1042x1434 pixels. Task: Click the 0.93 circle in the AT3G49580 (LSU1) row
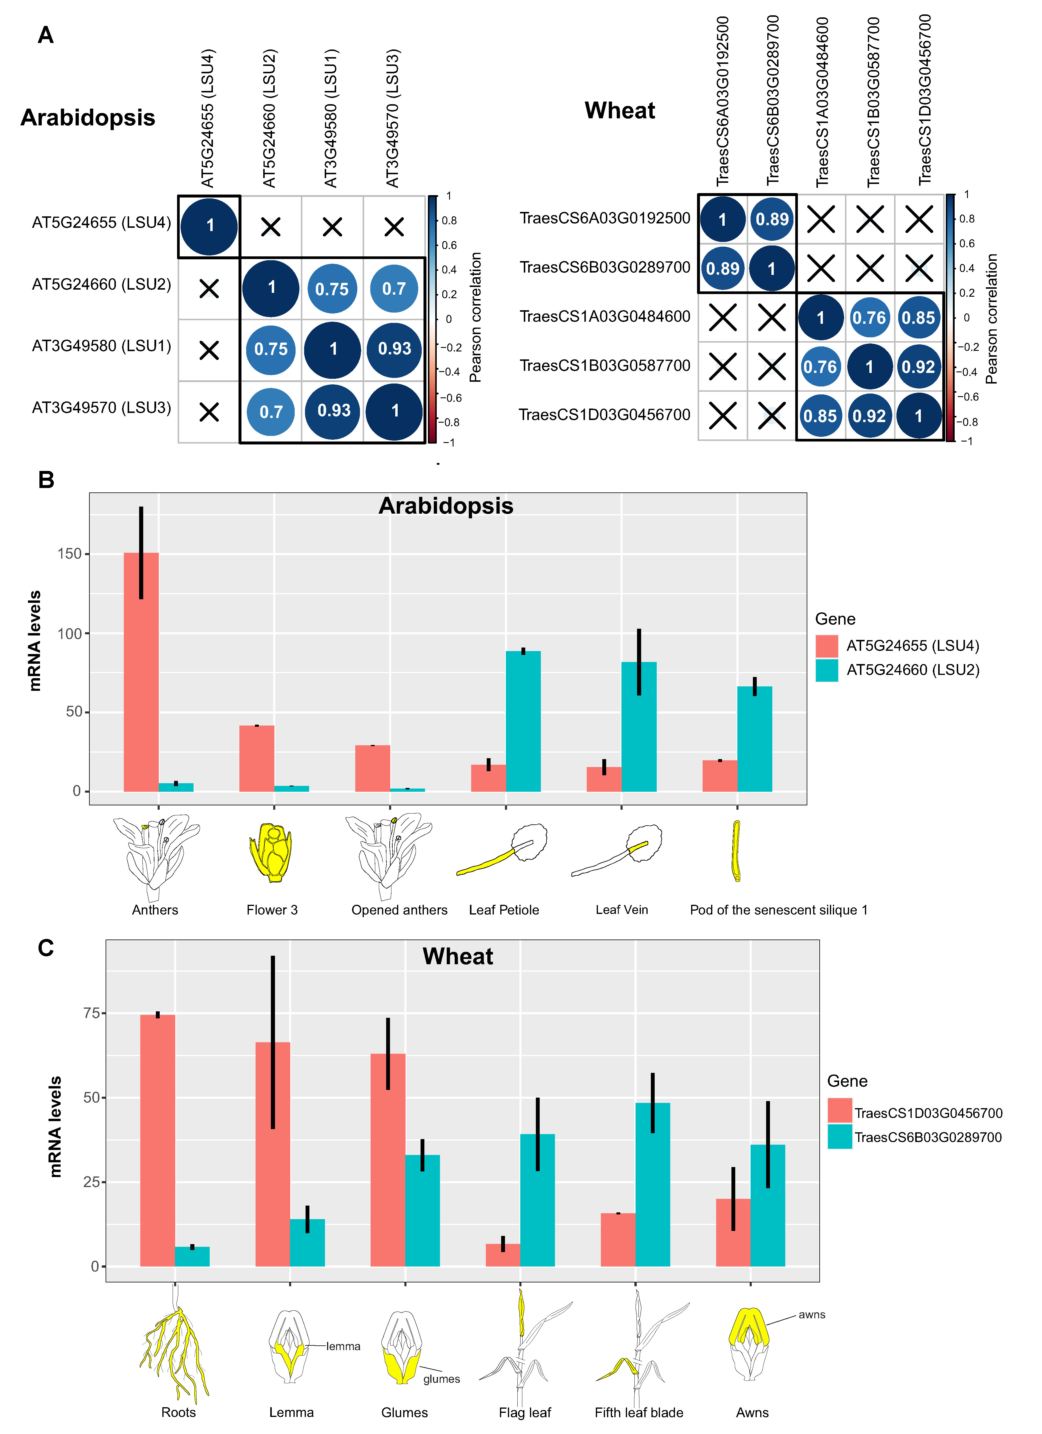click(394, 349)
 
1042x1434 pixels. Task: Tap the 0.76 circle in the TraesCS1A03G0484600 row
click(869, 317)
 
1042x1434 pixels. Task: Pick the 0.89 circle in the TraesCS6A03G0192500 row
click(771, 219)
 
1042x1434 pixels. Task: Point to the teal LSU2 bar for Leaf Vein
click(639, 727)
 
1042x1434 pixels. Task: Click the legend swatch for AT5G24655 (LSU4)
click(826, 645)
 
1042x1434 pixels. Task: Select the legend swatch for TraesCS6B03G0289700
click(840, 1137)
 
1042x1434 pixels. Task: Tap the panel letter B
click(46, 480)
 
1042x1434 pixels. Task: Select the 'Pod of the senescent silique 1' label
click(778, 910)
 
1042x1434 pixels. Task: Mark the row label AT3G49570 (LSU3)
click(101, 408)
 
